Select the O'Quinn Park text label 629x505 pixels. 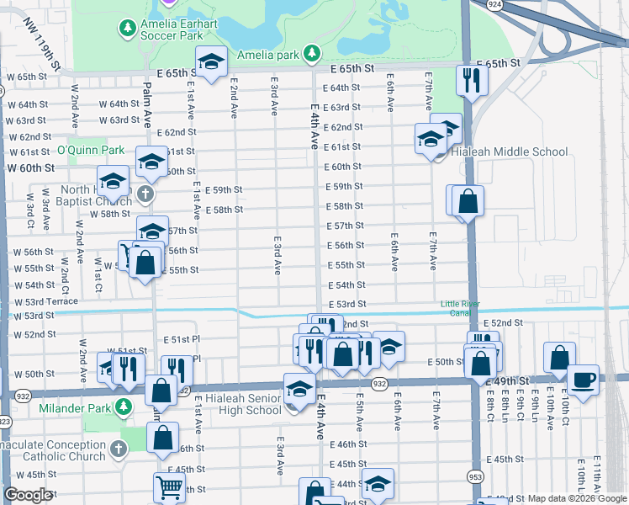click(90, 151)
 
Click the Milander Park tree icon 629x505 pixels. click(124, 408)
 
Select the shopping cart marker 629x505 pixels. click(169, 486)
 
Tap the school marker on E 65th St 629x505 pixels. click(211, 61)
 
